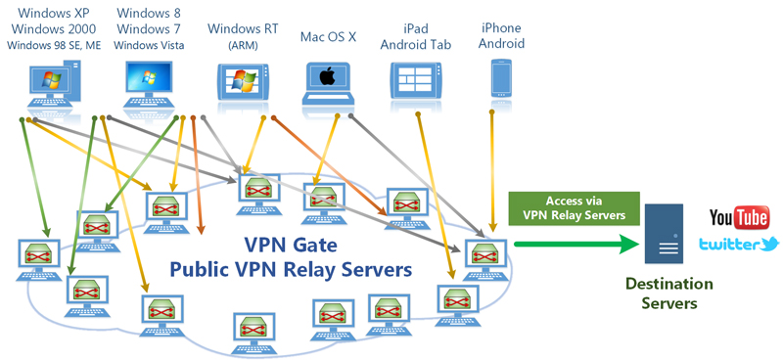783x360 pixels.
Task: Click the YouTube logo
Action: (x=739, y=218)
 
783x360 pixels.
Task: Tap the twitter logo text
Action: (x=739, y=245)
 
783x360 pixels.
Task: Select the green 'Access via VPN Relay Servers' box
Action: (x=574, y=208)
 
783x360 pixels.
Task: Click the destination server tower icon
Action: (x=664, y=234)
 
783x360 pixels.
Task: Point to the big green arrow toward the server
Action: (x=577, y=245)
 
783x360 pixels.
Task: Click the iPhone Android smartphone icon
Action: (x=501, y=79)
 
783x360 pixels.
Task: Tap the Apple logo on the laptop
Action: (x=327, y=77)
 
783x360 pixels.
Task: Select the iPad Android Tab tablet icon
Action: (x=416, y=80)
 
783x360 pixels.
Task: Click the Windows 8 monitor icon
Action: (x=149, y=84)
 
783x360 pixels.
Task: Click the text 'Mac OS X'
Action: (x=328, y=37)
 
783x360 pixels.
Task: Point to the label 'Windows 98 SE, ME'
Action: (x=54, y=45)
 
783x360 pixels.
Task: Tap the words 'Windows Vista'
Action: (x=149, y=45)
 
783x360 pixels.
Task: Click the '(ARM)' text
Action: (x=243, y=46)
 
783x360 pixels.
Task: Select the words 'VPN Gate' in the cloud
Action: (x=290, y=246)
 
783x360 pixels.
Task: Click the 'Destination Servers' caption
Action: (x=669, y=293)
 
